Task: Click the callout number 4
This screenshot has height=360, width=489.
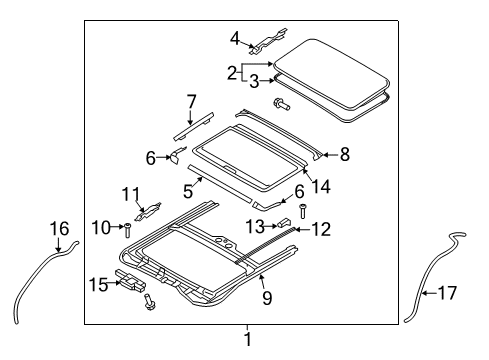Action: pyautogui.click(x=235, y=39)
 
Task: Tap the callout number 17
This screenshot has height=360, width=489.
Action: pyautogui.click(x=447, y=293)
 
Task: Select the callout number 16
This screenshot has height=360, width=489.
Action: pyautogui.click(x=59, y=229)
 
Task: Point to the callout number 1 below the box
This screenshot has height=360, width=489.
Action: pyautogui.click(x=248, y=339)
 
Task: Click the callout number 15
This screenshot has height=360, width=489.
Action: pyautogui.click(x=99, y=285)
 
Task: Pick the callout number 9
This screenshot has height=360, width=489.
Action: pyautogui.click(x=267, y=297)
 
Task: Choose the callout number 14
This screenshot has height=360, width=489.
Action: pyautogui.click(x=321, y=187)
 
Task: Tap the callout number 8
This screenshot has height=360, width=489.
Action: pyautogui.click(x=345, y=154)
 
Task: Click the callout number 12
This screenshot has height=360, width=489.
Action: pyautogui.click(x=321, y=229)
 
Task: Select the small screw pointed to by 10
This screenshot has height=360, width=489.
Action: pyautogui.click(x=128, y=230)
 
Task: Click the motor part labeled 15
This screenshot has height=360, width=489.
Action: pyautogui.click(x=131, y=282)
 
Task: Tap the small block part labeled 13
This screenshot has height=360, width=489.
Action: pyautogui.click(x=284, y=223)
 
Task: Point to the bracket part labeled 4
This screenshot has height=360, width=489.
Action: pyautogui.click(x=268, y=41)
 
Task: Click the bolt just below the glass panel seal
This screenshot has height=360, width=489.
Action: pyautogui.click(x=282, y=104)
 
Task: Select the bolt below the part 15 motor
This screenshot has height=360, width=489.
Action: pyautogui.click(x=149, y=303)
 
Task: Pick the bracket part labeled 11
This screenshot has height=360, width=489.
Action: pyautogui.click(x=148, y=212)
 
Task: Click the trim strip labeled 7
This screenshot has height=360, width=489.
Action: pyautogui.click(x=194, y=127)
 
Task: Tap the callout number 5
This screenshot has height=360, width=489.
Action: pyautogui.click(x=188, y=192)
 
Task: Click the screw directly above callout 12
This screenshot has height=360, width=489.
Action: pyautogui.click(x=303, y=211)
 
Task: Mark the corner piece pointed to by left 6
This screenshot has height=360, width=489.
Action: pyautogui.click(x=177, y=155)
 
